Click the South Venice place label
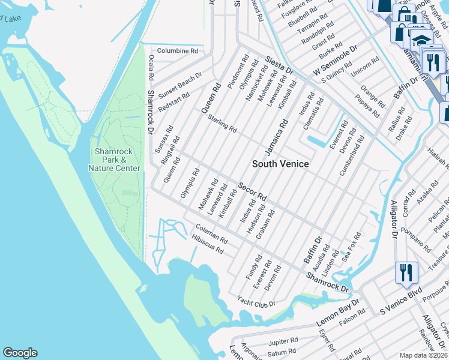pyautogui.click(x=280, y=164)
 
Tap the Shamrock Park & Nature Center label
pyautogui.click(x=118, y=160)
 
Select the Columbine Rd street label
pyautogui.click(x=178, y=52)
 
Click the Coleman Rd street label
pyautogui.click(x=211, y=234)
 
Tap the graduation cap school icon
pyautogui.click(x=421, y=40)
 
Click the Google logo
pyautogui.click(x=20, y=353)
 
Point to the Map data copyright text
pyautogui.click(x=424, y=355)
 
